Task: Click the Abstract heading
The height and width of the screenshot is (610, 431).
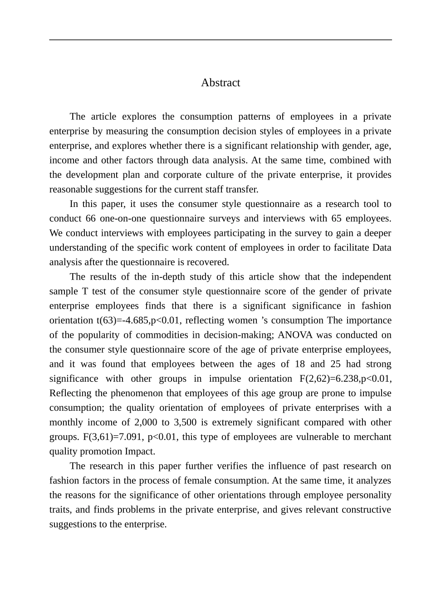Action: pos(220,83)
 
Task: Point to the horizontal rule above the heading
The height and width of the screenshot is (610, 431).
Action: pos(220,40)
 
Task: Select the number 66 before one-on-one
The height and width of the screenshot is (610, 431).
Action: pos(91,218)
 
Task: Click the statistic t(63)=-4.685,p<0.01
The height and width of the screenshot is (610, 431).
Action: pos(138,320)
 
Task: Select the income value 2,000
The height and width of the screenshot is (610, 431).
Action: pos(146,422)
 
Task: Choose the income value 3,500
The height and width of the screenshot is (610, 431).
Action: pos(185,422)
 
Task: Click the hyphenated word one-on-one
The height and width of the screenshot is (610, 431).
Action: pos(122,218)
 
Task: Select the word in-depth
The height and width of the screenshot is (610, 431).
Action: pos(168,277)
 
